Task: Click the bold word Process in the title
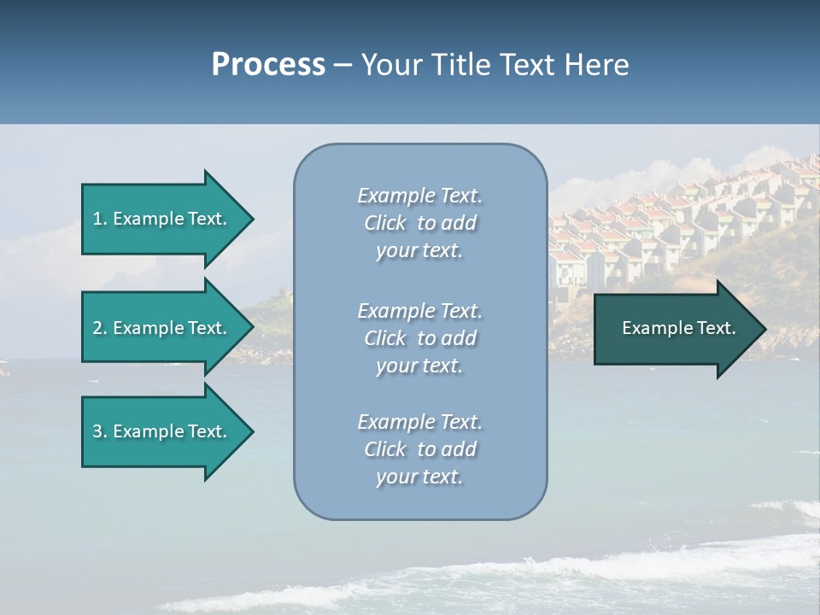[x=268, y=65]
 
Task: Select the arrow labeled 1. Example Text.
[x=162, y=219]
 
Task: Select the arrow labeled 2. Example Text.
[x=162, y=328]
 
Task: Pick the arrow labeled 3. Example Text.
[x=162, y=431]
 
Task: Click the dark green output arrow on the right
[x=675, y=328]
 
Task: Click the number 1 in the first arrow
[x=97, y=219]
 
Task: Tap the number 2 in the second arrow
[x=97, y=328]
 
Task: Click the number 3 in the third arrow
[x=97, y=431]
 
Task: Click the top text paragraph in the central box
[x=419, y=223]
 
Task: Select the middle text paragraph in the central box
[x=419, y=338]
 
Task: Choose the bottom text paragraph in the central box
[x=419, y=449]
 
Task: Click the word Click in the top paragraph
[x=384, y=223]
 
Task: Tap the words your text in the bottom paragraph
[x=419, y=477]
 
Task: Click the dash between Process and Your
[x=343, y=65]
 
